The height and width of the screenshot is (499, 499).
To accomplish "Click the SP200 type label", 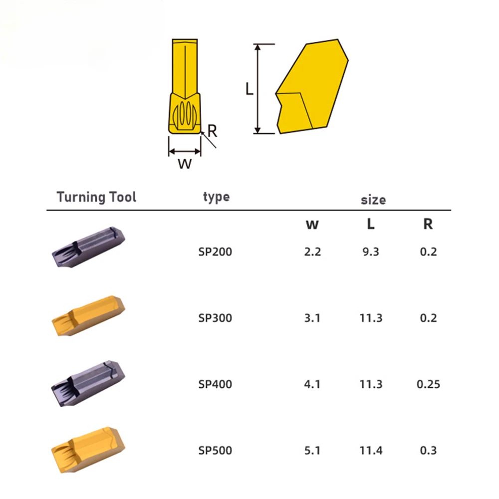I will [x=215, y=251].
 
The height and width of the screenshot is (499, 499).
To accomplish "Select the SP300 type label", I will [x=215, y=318].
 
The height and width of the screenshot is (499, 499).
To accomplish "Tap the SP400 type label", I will [x=215, y=384].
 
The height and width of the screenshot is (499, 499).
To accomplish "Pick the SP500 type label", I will [x=215, y=451].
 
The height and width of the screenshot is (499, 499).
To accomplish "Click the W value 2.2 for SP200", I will [x=312, y=251].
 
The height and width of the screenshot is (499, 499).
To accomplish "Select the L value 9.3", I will [x=370, y=251].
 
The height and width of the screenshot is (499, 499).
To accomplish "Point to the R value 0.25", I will [x=428, y=384].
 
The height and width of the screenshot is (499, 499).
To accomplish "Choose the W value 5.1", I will [x=312, y=451].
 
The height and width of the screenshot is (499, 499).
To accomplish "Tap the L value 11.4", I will [x=370, y=451].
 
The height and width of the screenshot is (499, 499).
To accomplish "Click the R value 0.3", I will [x=428, y=451].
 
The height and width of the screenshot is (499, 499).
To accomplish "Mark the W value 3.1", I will [x=312, y=318].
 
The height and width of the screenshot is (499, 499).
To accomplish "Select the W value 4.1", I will [x=312, y=384].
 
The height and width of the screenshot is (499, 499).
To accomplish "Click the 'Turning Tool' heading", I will [x=96, y=197].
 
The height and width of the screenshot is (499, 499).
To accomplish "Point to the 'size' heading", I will [x=373, y=200].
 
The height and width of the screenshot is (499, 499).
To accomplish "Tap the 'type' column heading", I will [x=216, y=197].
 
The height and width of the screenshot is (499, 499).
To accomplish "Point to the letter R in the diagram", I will [x=212, y=131].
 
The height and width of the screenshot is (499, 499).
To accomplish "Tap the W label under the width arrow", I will [x=185, y=164].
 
